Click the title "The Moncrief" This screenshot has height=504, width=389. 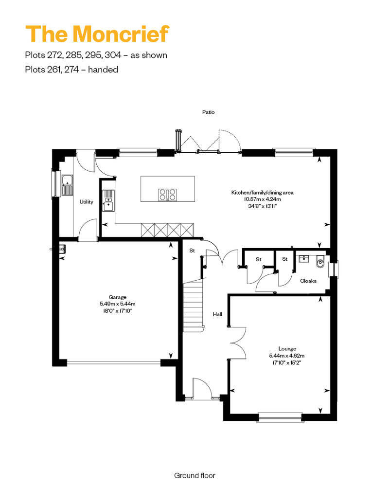(97, 34)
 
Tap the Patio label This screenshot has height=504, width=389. (208, 112)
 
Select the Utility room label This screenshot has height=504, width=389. (87, 201)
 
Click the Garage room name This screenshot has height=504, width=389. (117, 297)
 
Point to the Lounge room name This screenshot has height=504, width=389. (287, 348)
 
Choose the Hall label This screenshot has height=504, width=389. (217, 314)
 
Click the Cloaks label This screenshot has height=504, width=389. (308, 281)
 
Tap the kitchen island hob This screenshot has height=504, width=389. (167, 194)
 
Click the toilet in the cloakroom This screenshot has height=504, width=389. (320, 262)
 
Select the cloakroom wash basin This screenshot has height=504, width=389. (303, 259)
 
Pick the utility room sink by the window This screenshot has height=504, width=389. (68, 185)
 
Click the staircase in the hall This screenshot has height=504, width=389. (194, 305)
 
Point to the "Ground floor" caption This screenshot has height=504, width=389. (194, 475)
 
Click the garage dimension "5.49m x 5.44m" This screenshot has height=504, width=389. (117, 304)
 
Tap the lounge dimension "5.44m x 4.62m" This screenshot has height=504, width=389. (287, 356)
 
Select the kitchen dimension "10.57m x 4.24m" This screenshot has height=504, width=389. (263, 199)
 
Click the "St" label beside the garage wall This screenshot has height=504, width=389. (192, 251)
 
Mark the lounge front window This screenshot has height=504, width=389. (280, 416)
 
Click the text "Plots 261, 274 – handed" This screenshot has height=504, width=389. (71, 70)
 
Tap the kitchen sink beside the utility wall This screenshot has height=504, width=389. (108, 200)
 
